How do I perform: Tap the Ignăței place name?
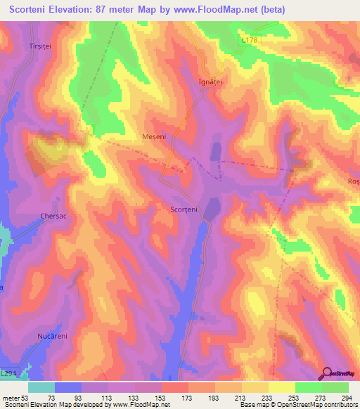[209, 82]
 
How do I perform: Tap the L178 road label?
[251, 41]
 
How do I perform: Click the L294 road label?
[10, 373]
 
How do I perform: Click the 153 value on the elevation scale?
[162, 397]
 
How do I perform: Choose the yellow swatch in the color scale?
[282, 387]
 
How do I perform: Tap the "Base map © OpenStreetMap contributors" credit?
[295, 405]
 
